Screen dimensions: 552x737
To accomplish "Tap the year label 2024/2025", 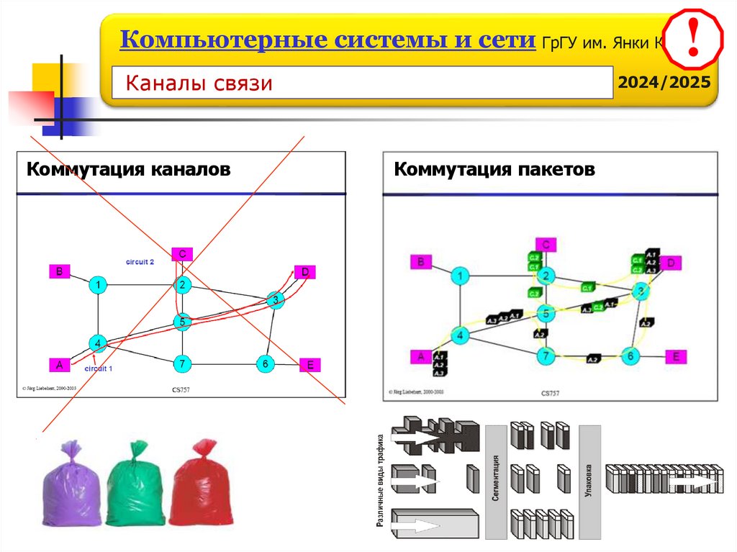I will (x=666, y=81).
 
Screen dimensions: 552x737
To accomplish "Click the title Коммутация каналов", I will (x=129, y=170).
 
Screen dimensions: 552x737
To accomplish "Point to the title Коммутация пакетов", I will (x=494, y=170).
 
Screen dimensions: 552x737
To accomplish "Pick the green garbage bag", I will (x=136, y=486).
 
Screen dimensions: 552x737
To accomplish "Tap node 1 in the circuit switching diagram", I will (x=98, y=286).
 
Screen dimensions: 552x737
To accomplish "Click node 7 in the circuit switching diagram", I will (x=184, y=364).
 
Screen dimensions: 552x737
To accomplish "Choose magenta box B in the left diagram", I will (x=59, y=271).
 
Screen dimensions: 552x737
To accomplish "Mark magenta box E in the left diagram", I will (x=309, y=365).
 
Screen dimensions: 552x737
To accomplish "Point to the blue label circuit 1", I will (x=99, y=368).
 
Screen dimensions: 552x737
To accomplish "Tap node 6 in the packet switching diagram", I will (x=630, y=356).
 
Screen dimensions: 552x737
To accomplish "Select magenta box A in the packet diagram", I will (x=420, y=356).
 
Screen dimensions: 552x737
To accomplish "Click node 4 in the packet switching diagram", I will (x=460, y=334).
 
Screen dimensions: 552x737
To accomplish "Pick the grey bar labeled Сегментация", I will (x=496, y=481).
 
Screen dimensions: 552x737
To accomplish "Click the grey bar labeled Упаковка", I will (x=589, y=481).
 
